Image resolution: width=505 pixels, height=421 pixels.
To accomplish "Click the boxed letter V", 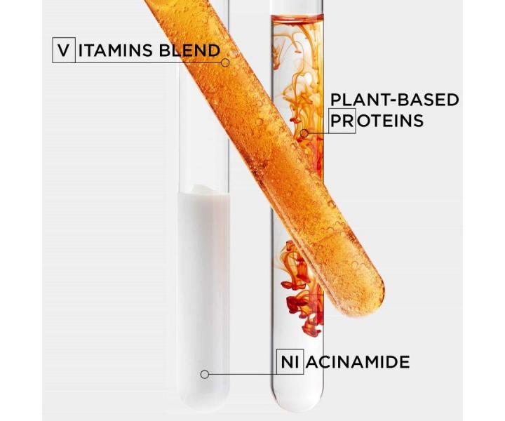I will [x=63, y=51].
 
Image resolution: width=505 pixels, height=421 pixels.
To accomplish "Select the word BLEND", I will [x=191, y=51].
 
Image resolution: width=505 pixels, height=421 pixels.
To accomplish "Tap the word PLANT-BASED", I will [x=394, y=100].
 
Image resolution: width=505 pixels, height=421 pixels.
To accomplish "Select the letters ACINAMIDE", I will [x=358, y=362].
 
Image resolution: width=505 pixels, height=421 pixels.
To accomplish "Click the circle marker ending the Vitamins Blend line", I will [x=225, y=62].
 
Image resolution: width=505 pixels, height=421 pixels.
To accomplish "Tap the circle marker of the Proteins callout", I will [x=304, y=132].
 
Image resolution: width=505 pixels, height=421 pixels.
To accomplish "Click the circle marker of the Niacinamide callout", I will [x=204, y=375].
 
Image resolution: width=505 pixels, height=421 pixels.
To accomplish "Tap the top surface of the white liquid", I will [x=203, y=190].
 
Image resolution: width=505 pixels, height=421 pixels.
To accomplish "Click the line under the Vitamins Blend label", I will [x=140, y=62].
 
